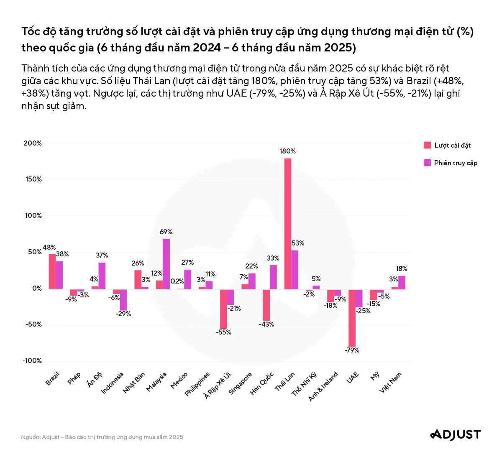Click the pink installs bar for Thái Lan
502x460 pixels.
(x=288, y=224)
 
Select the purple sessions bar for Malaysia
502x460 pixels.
(x=166, y=264)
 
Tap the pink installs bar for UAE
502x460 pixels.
(x=352, y=318)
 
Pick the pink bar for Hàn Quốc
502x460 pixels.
(x=266, y=305)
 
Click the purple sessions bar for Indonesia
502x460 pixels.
(x=123, y=299)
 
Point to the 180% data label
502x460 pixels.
(x=288, y=151)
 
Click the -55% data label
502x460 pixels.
(x=223, y=332)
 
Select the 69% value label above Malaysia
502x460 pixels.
(x=166, y=232)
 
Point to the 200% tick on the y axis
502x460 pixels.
(x=33, y=143)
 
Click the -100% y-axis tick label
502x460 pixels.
(x=33, y=361)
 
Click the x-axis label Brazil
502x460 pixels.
(x=53, y=379)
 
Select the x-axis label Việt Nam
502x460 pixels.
(x=390, y=382)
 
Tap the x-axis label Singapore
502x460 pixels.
(x=241, y=383)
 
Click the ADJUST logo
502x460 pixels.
(x=456, y=435)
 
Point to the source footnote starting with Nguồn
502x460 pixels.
(x=102, y=437)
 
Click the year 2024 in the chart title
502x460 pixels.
(x=207, y=48)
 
